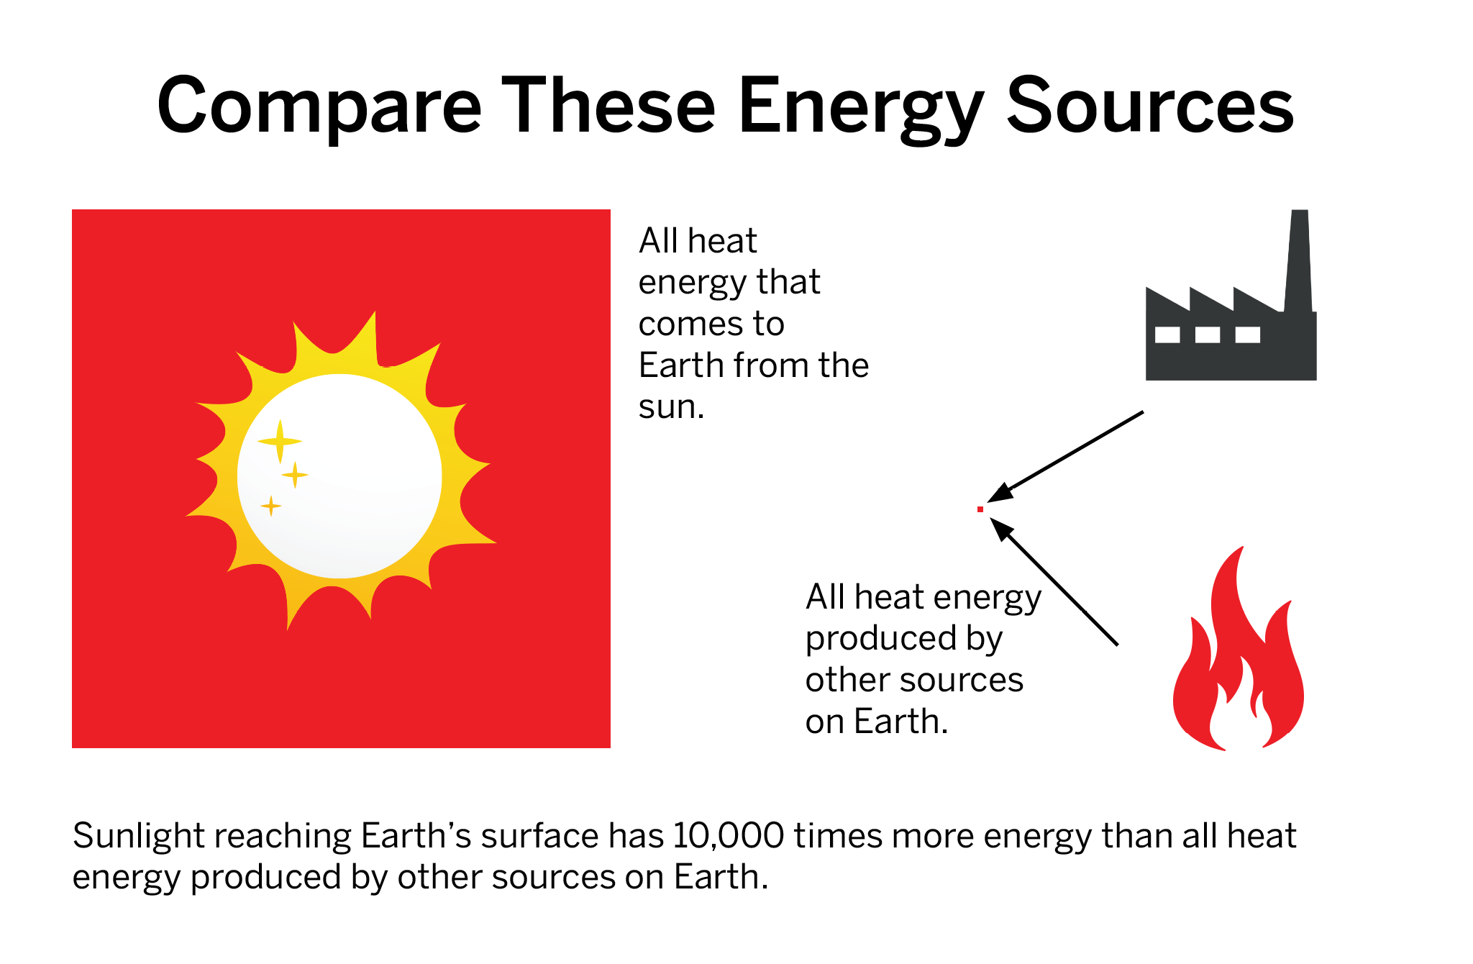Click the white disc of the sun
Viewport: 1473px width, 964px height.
point(339,476)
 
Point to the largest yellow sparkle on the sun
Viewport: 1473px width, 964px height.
point(280,441)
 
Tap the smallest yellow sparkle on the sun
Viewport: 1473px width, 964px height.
point(270,506)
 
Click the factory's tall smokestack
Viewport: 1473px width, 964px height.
point(1298,260)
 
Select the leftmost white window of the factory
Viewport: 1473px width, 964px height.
point(1167,335)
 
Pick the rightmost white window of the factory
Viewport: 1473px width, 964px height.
point(1248,335)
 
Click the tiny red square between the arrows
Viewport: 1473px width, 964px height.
point(980,509)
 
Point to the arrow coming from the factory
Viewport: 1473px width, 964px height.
point(1065,457)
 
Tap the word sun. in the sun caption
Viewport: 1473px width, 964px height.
point(671,407)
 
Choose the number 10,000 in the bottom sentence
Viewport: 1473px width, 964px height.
point(729,836)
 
